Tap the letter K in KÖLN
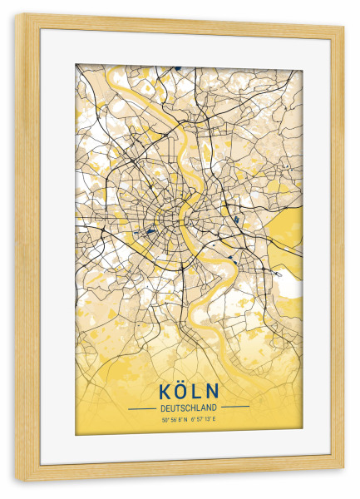(x=162, y=390)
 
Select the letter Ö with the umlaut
(x=179, y=390)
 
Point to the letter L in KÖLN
(x=195, y=390)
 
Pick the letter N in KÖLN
(x=212, y=390)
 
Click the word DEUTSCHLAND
(x=187, y=408)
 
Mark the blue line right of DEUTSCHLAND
(x=234, y=408)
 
